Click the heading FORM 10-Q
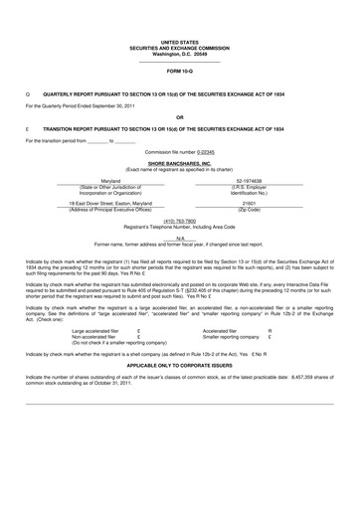point(179,73)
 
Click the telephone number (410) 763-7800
point(179,221)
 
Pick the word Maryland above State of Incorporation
point(110,181)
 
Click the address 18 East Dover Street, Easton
point(110,203)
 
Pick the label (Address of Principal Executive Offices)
point(110,209)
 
